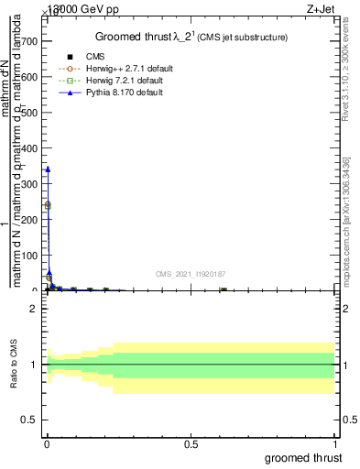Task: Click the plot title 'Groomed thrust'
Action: point(138,37)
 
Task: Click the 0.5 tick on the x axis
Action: point(191,443)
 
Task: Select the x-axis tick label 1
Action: point(335,443)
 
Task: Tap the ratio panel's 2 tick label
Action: point(34,309)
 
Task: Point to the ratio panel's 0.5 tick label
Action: point(30,420)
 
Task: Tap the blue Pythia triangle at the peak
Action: point(48,169)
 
